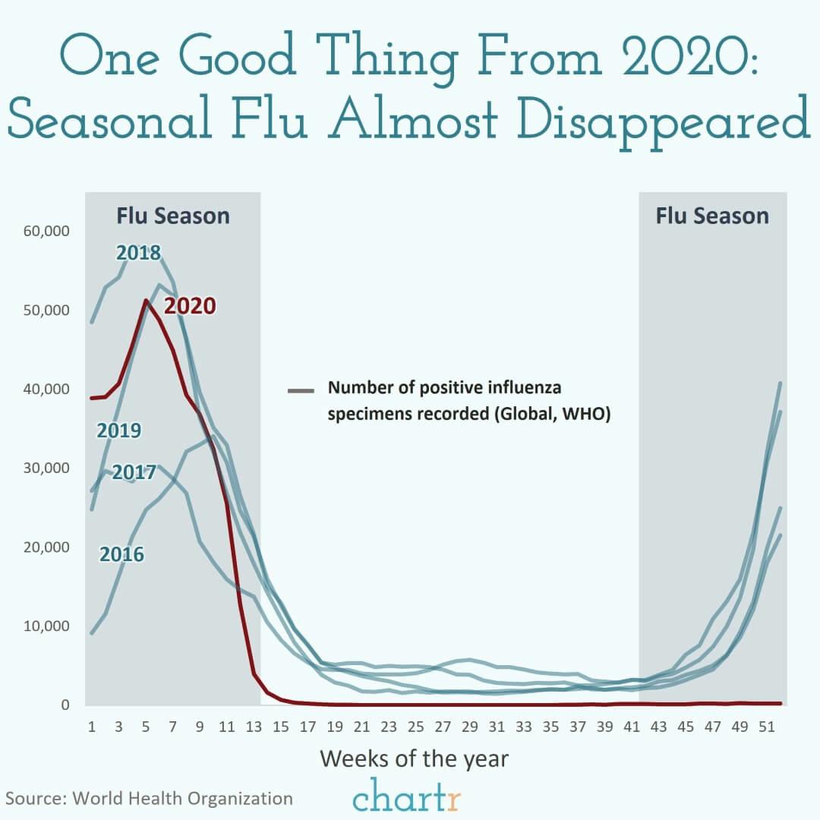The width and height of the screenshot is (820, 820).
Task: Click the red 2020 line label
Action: [x=191, y=306]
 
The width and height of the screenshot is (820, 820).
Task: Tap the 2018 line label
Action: [x=138, y=253]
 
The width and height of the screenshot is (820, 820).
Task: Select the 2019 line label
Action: [x=118, y=431]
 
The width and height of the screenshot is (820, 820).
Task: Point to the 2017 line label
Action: [x=134, y=471]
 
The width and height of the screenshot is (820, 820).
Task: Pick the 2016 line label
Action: [x=121, y=555]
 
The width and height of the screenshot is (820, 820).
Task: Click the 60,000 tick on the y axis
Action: [x=47, y=231]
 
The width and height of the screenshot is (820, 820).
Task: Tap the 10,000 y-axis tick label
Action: [x=47, y=626]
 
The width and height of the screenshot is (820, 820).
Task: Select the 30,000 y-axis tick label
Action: [x=47, y=468]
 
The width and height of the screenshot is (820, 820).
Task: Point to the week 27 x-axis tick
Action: [x=443, y=727]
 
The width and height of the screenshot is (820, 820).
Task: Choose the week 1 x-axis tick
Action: [x=92, y=727]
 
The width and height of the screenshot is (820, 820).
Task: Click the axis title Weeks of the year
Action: [x=414, y=758]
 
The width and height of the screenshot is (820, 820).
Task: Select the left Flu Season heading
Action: [x=172, y=216]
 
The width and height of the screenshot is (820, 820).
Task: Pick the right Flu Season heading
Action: [x=712, y=216]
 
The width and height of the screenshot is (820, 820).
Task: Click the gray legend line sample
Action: [x=301, y=391]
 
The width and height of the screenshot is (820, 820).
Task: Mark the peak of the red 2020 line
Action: [x=146, y=301]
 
